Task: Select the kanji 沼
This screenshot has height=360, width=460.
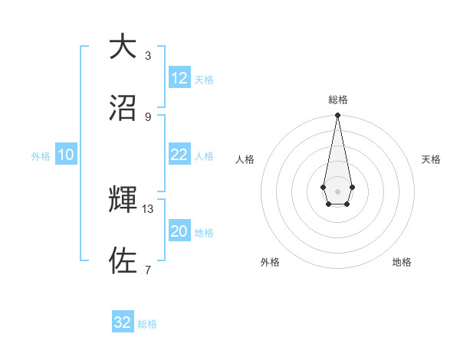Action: (123, 108)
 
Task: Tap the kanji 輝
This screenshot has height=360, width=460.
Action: (123, 200)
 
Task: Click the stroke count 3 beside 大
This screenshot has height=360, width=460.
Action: (148, 55)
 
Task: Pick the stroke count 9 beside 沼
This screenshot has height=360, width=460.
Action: (148, 116)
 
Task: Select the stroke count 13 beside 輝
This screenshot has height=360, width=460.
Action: (148, 208)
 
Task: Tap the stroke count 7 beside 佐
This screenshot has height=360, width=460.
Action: (148, 270)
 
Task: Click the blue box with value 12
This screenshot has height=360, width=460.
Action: (179, 78)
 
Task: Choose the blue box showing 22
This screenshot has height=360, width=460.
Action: (179, 155)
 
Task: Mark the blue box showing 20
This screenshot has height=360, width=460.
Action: (179, 231)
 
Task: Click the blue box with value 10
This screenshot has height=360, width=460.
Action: (66, 155)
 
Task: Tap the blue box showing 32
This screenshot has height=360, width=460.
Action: (123, 322)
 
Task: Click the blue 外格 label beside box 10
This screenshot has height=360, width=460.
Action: (41, 155)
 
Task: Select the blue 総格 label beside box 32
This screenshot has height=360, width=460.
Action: (147, 324)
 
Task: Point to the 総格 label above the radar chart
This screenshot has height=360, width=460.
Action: (338, 100)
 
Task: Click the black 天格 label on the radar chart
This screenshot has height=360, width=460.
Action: (432, 159)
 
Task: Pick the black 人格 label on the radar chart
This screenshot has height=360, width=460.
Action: (245, 159)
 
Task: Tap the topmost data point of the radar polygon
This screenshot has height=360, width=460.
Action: (337, 116)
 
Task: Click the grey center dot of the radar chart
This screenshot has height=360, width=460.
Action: (337, 190)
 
